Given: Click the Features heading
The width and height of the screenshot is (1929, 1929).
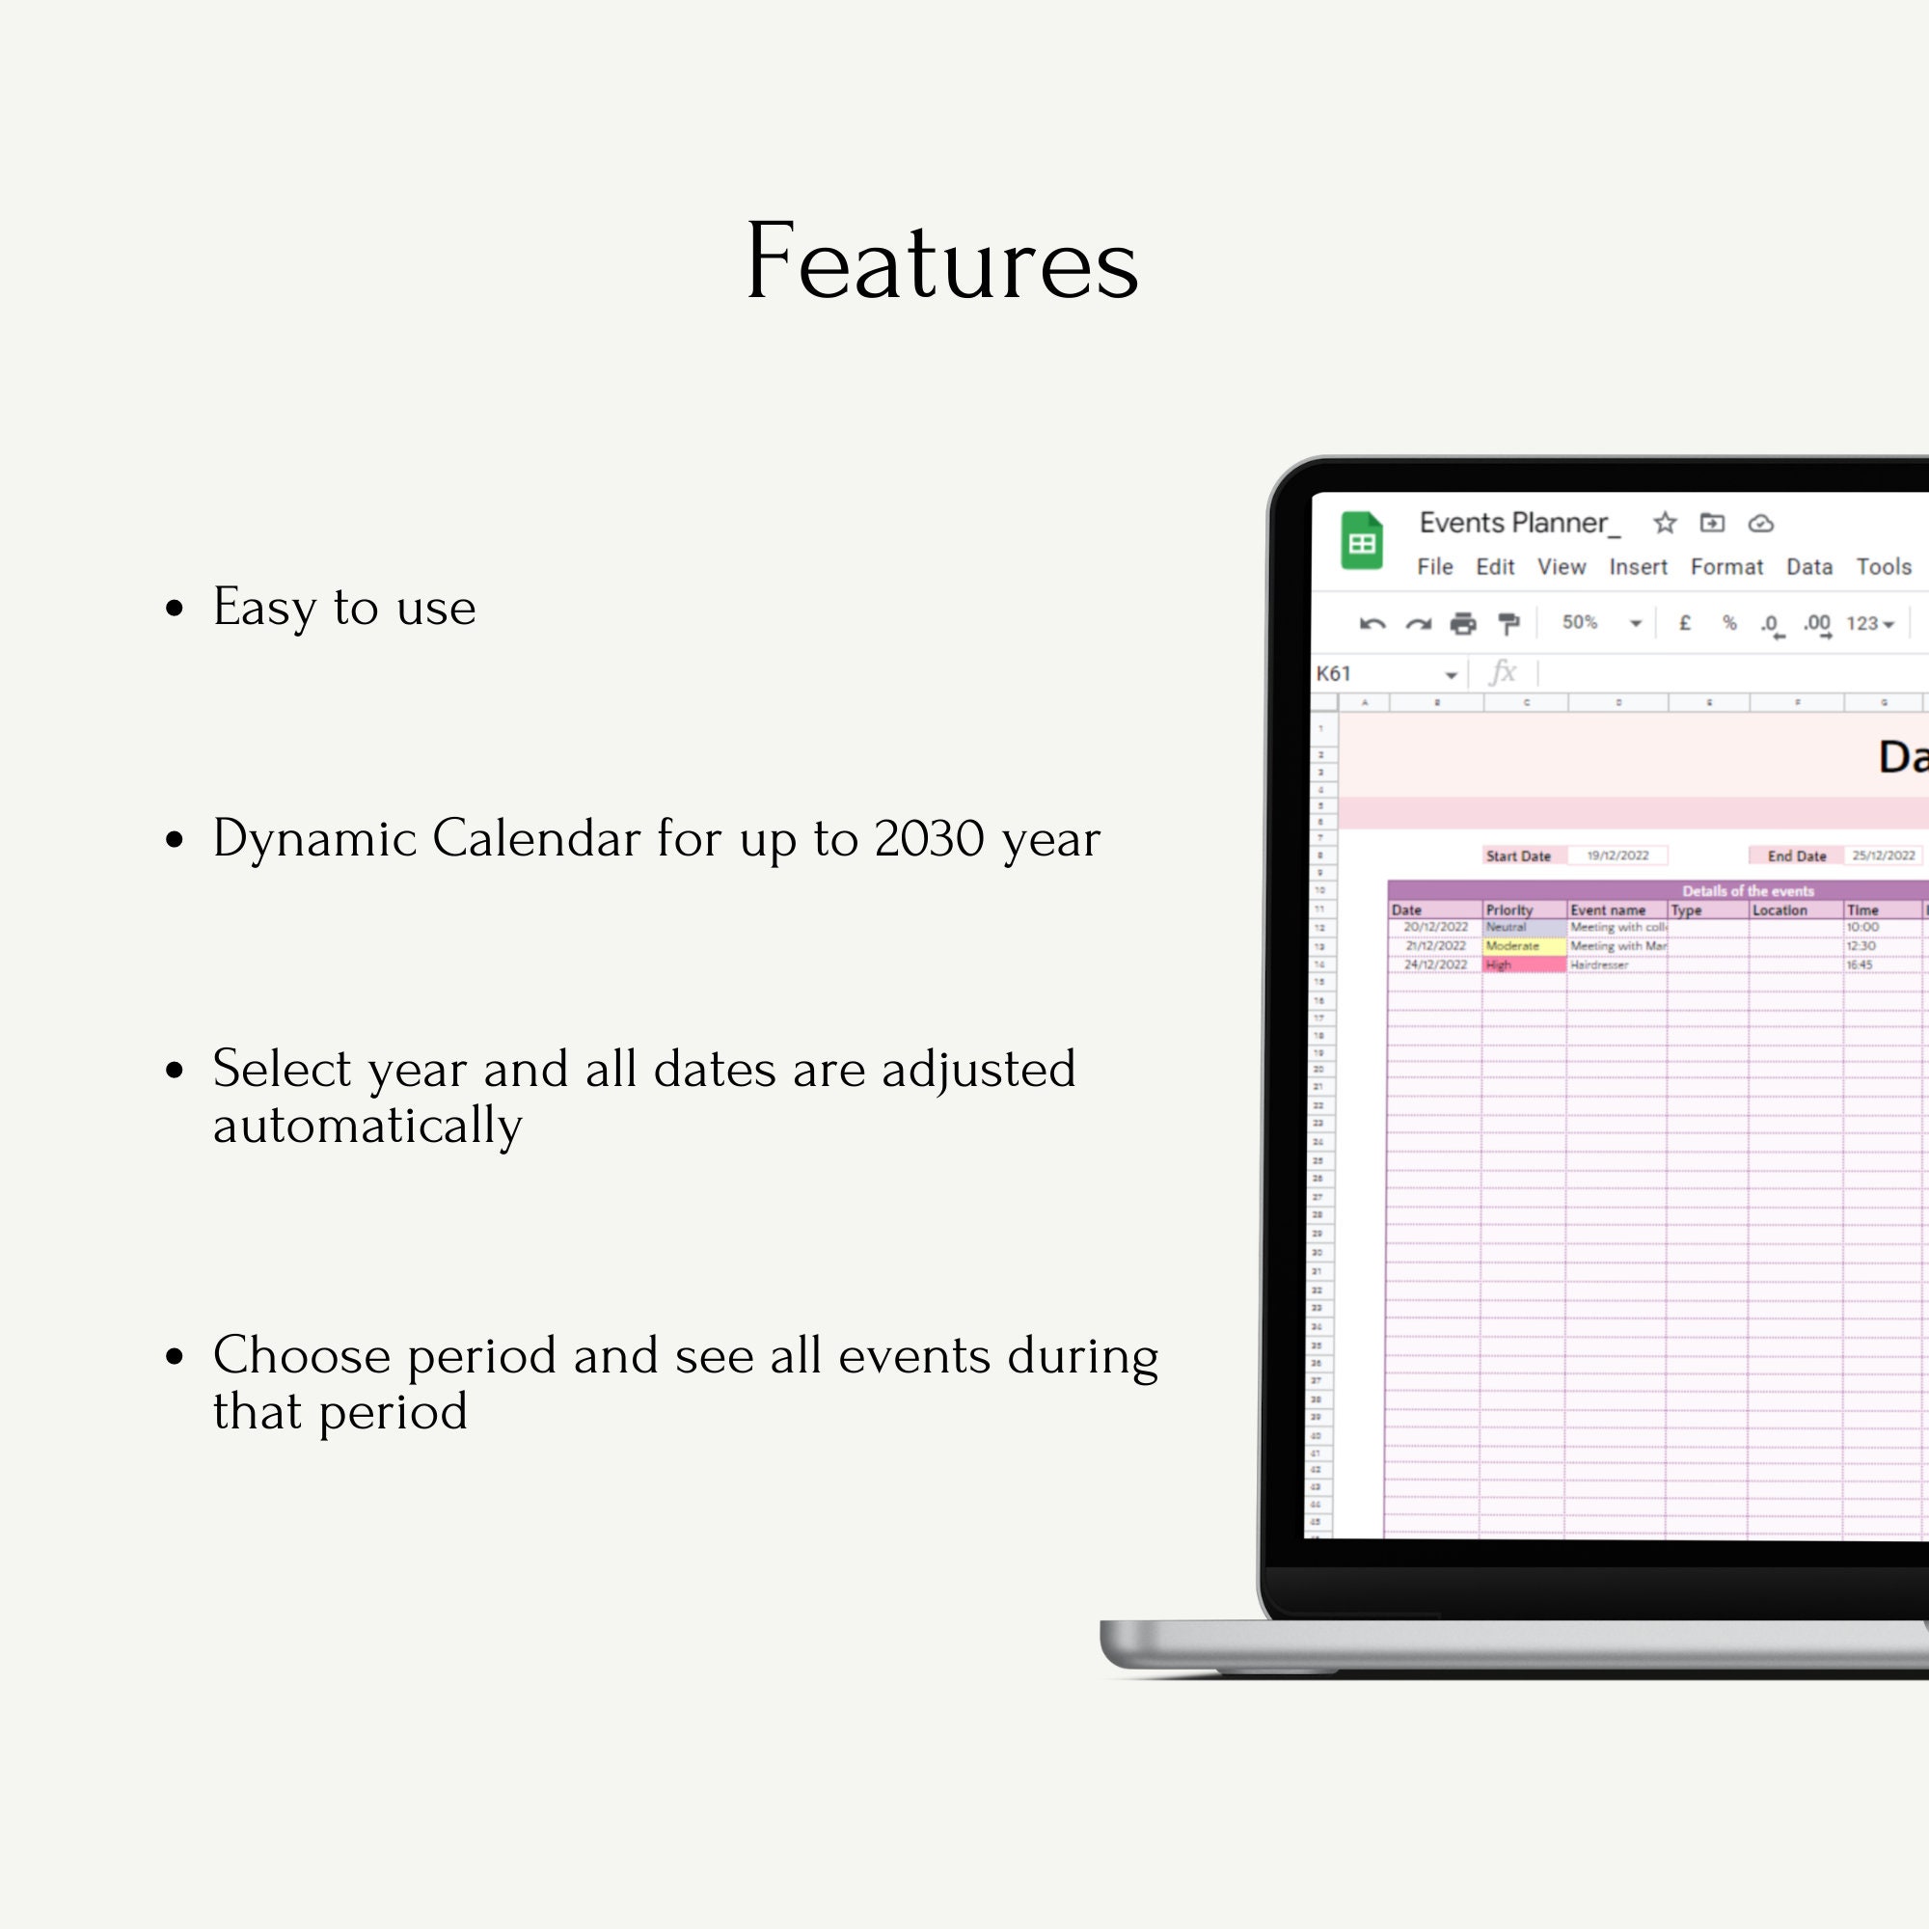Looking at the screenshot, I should tap(941, 261).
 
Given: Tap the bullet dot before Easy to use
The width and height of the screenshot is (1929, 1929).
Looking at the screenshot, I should tap(175, 608).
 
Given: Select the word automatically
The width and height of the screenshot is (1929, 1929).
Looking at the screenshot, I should tap(367, 1127).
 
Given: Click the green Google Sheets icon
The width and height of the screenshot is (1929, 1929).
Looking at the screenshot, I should tap(1361, 541).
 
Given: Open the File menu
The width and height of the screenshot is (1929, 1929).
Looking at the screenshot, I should tap(1435, 567).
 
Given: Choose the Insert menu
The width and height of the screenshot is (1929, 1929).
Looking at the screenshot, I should tap(1638, 567).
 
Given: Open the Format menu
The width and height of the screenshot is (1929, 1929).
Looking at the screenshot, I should tap(1726, 567).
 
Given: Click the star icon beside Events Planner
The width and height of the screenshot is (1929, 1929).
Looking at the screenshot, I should tap(1665, 523).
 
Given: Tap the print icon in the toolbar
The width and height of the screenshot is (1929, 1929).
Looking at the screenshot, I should tap(1463, 624).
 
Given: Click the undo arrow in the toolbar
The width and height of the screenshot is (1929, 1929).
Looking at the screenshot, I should tap(1372, 624).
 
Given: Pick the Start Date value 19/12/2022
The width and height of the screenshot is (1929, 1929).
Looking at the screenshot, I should tap(1617, 856).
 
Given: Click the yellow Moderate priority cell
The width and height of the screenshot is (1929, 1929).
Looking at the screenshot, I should tap(1524, 945).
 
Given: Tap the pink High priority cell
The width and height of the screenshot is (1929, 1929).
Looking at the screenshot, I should tap(1524, 964).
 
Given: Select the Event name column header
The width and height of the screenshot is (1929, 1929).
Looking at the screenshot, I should tap(1608, 910).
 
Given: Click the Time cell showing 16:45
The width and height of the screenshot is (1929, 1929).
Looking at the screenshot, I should tap(1860, 964).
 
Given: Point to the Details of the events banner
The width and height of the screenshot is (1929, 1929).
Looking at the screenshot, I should tap(1748, 890).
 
